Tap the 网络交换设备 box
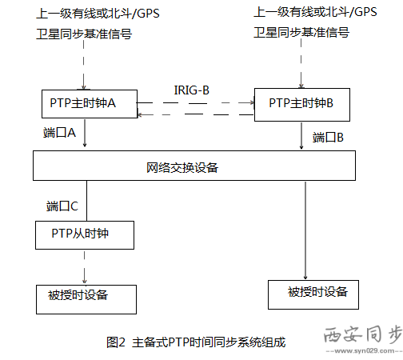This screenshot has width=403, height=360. (x=194, y=168)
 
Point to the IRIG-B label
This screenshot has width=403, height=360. (x=191, y=90)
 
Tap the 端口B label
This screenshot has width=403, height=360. (x=328, y=137)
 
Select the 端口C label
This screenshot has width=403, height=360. (x=62, y=206)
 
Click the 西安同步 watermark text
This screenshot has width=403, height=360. (x=361, y=334)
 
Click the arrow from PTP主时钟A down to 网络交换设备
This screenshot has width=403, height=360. (x=84, y=135)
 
